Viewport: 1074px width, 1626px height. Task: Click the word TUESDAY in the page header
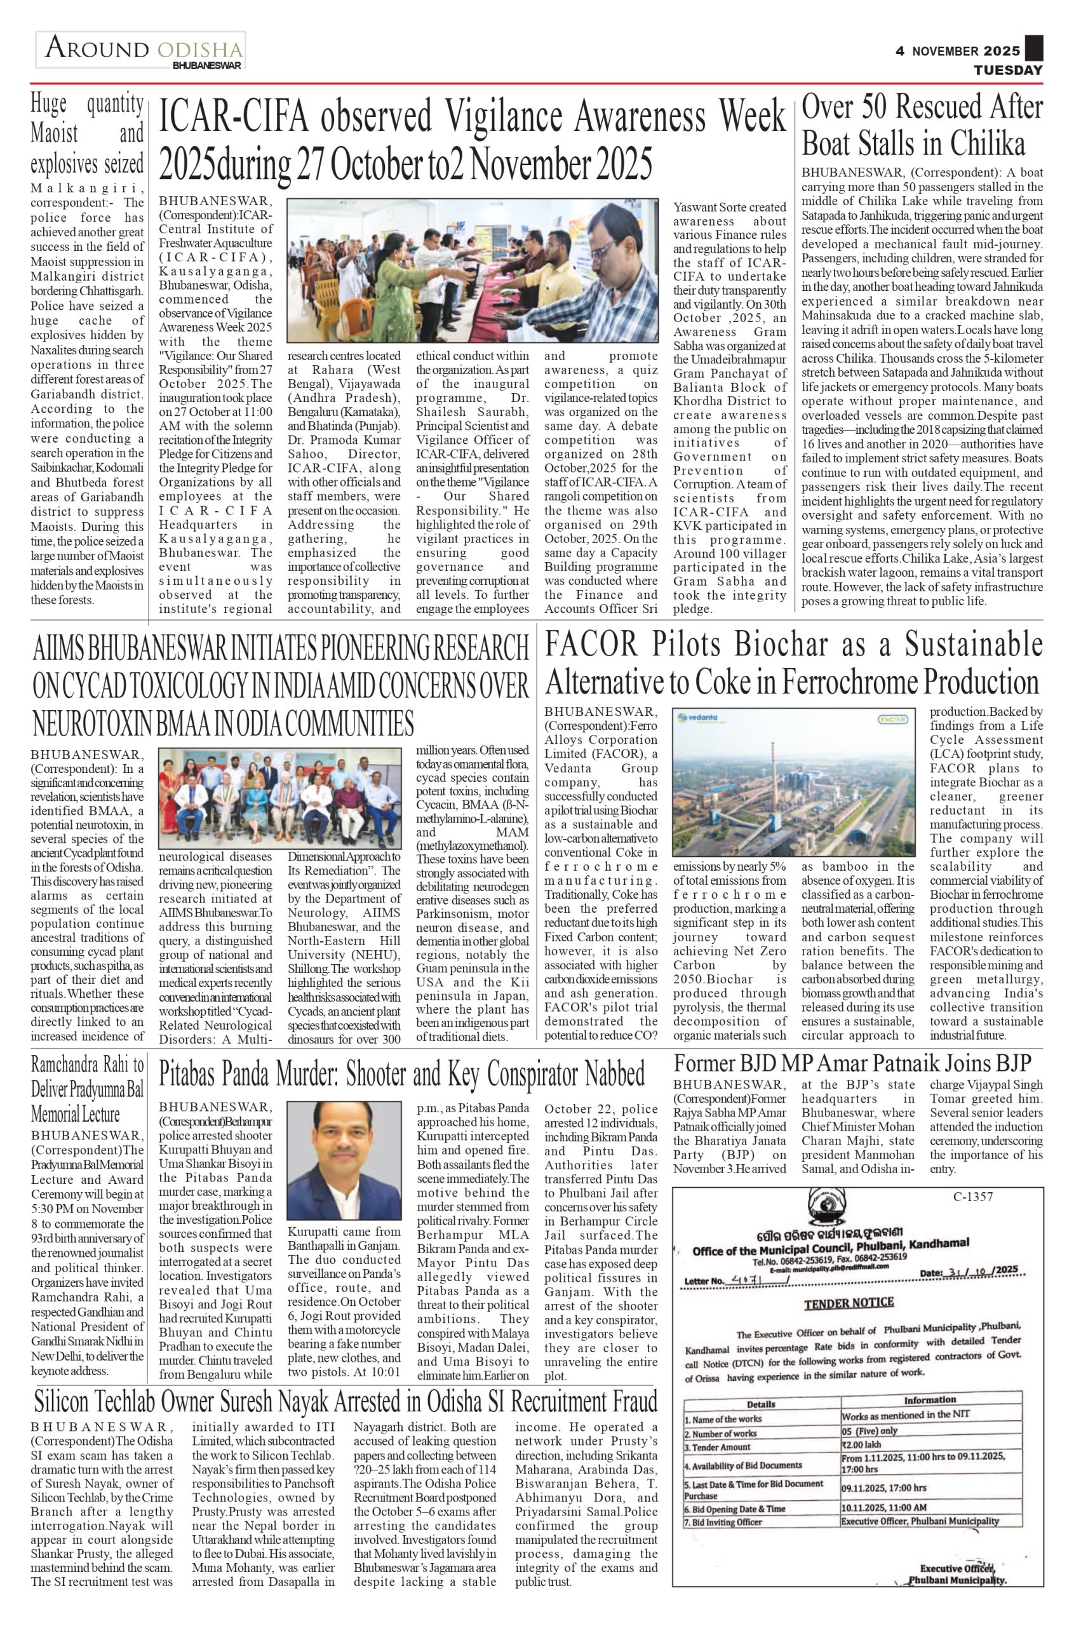1008,71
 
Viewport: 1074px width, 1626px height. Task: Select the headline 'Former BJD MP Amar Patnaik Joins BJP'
852,1063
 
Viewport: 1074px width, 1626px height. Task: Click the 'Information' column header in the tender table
929,1400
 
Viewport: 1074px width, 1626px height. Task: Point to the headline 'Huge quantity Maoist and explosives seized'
87,134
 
